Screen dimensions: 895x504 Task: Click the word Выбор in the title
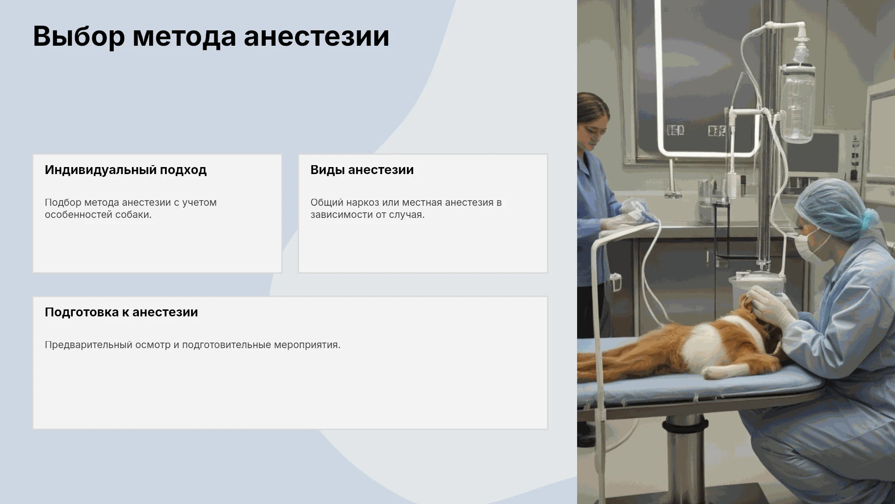tap(79, 36)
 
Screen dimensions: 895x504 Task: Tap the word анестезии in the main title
tap(317, 36)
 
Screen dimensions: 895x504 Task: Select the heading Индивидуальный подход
tap(125, 170)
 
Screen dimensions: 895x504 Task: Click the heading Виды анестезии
tap(362, 170)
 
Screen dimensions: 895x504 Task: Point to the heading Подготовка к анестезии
tap(121, 312)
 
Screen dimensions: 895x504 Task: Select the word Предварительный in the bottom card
tap(89, 345)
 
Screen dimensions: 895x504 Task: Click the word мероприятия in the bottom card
tap(307, 345)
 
